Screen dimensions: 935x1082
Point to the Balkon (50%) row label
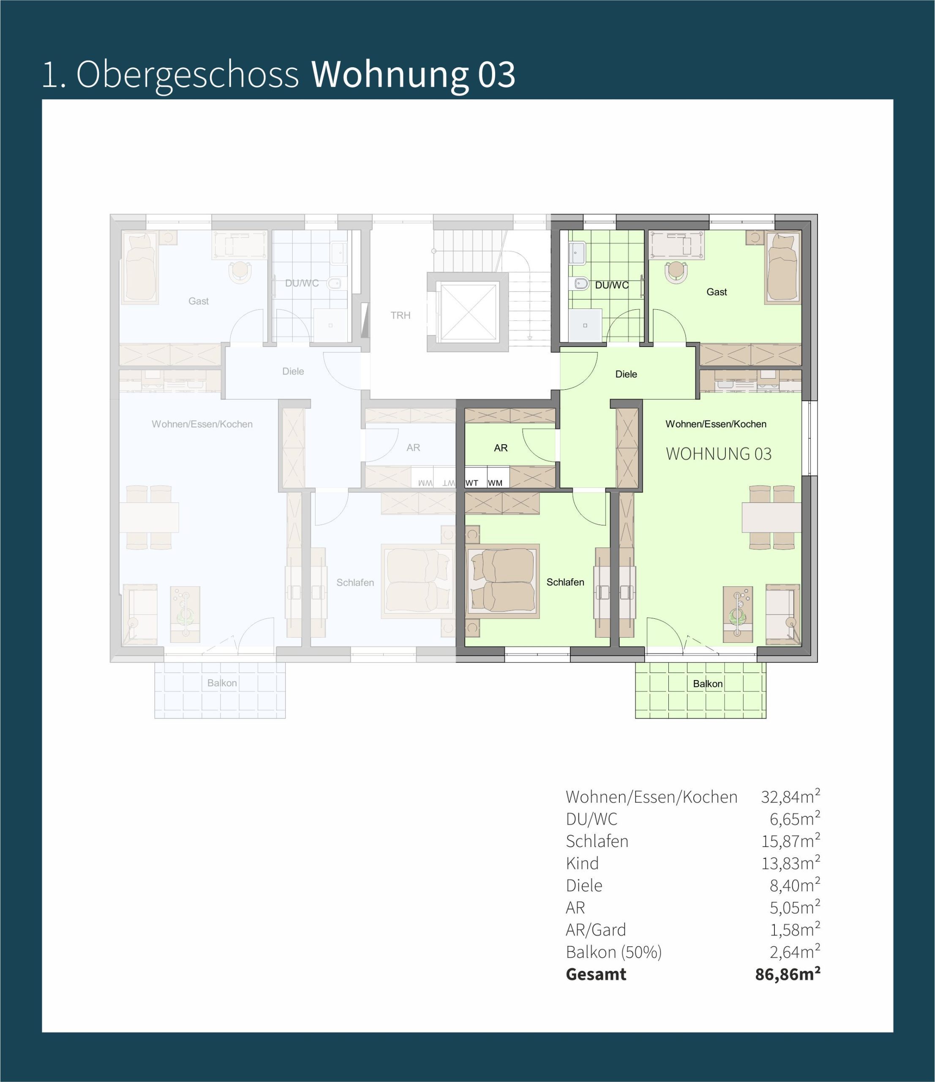613,952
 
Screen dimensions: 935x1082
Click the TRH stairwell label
401,315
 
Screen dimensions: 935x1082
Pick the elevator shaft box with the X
468,312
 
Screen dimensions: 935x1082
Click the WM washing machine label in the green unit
495,483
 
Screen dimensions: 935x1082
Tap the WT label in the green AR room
472,483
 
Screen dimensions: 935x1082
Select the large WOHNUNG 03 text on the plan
718,454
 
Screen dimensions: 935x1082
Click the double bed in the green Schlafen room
503,581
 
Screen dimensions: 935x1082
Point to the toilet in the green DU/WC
581,284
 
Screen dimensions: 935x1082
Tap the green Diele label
626,374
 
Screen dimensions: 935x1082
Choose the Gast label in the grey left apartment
199,301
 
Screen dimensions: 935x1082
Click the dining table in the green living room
771,517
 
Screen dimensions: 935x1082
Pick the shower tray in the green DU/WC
585,325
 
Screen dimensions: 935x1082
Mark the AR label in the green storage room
501,448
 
